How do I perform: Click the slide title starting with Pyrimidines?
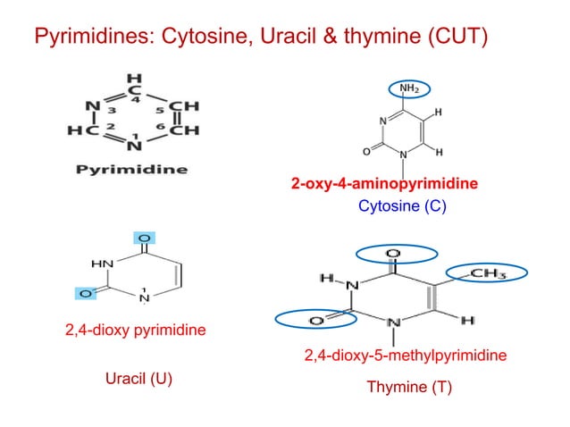coord(260,38)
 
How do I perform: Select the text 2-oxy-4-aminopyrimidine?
coord(384,185)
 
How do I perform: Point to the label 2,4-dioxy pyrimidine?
coord(135,331)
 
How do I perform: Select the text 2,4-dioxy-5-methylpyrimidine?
coord(406,356)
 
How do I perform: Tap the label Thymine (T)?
coord(409,389)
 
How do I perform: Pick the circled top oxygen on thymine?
coord(392,255)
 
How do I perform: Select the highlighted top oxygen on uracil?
coord(143,238)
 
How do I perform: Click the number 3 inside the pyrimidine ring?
coord(113,111)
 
